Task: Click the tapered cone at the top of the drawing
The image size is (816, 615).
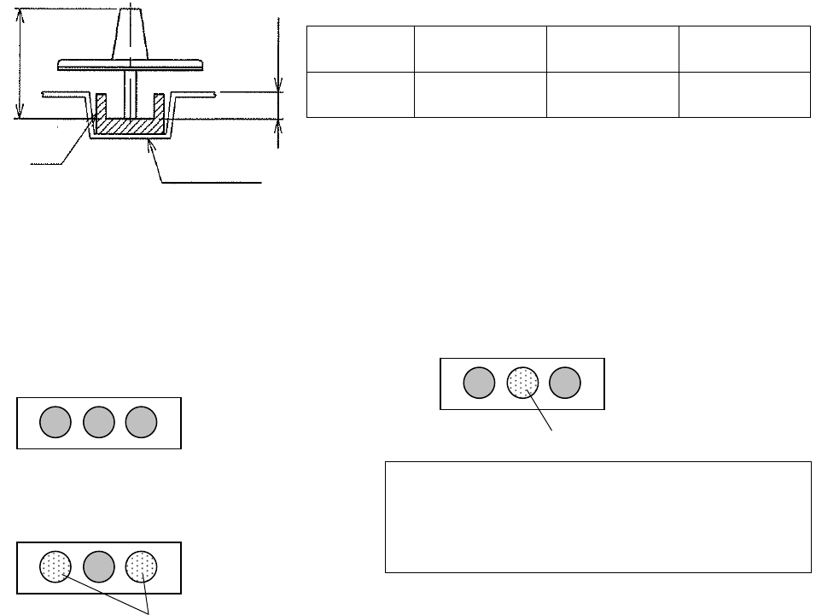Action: click(x=131, y=34)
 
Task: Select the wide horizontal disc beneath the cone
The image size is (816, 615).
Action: click(x=131, y=64)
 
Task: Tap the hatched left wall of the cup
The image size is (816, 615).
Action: click(x=100, y=107)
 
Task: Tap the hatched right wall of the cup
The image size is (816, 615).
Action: click(x=159, y=107)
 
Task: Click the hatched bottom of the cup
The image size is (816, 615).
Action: click(x=129, y=126)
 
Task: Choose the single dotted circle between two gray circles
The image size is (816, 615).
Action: click(x=522, y=384)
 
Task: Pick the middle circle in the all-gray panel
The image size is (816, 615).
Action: click(x=99, y=422)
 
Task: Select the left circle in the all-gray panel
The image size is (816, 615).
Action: click(x=56, y=422)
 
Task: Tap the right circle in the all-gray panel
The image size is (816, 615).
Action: click(x=142, y=422)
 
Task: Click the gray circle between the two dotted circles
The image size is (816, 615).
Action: click(x=99, y=566)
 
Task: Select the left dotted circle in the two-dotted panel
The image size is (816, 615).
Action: click(x=55, y=566)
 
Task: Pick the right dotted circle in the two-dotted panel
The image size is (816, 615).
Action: click(x=142, y=566)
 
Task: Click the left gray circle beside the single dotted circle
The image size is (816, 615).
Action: click(x=479, y=384)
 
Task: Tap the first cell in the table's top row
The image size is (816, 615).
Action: click(x=359, y=50)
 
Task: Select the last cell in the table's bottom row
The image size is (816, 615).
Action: click(x=744, y=94)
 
